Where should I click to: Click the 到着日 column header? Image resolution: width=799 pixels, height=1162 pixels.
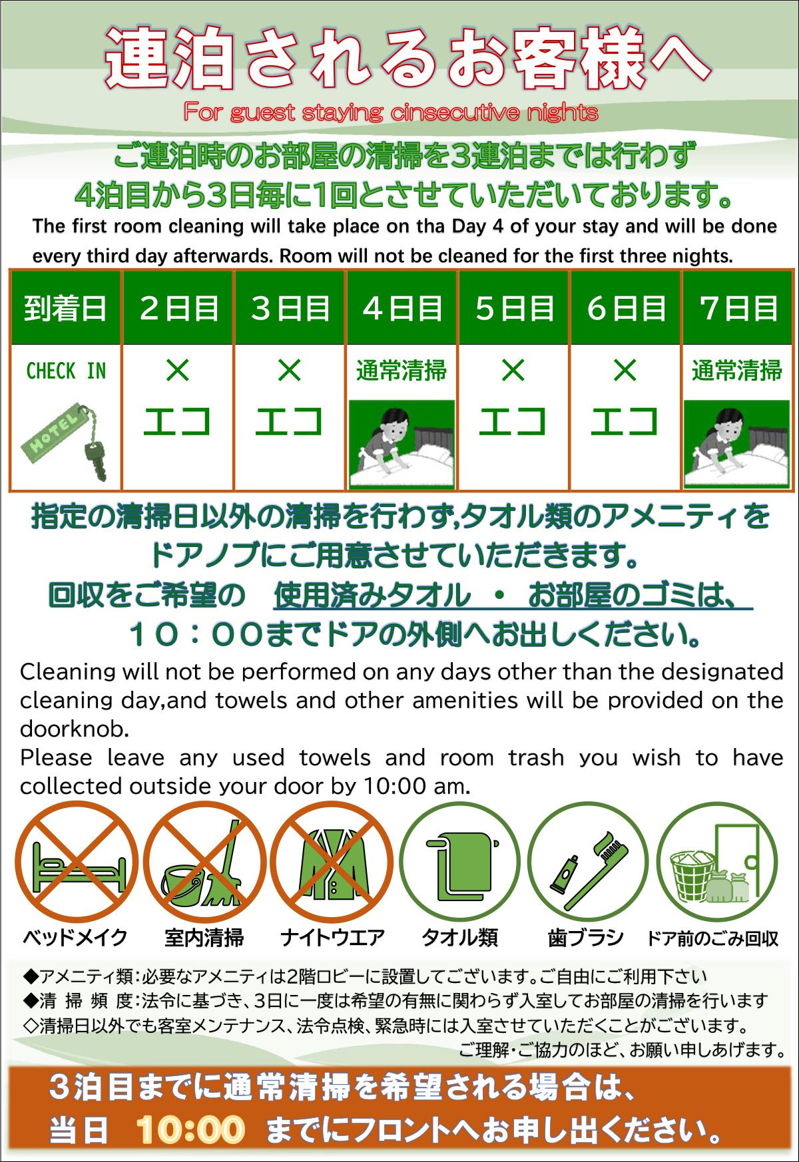coord(65,308)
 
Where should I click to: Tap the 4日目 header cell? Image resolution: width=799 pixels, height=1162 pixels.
coord(402,308)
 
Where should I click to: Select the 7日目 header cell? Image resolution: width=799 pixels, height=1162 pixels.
coord(738,308)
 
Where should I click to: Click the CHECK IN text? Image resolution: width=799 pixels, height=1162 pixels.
coord(66,371)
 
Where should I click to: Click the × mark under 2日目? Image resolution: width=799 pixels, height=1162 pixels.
coord(178,370)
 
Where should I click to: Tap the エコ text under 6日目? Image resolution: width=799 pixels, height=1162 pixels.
coord(625,422)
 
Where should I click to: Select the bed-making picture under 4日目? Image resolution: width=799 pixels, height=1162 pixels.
coord(401,443)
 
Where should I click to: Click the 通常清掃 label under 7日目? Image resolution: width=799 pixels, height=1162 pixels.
coord(736,371)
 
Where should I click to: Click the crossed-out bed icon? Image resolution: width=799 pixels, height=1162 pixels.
coord(77,863)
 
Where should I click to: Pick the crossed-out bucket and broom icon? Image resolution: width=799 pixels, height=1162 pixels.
coord(204,863)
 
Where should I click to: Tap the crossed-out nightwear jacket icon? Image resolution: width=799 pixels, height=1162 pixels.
coord(332,863)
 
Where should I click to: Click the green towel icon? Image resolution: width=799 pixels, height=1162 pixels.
coord(459,863)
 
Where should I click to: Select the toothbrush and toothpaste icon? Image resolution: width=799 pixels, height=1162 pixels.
coord(587,863)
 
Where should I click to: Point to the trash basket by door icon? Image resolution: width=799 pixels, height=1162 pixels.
coord(716,863)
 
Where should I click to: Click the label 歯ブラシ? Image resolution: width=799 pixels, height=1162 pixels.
coord(585,938)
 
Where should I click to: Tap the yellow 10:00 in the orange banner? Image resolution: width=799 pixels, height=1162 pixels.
coord(190,1129)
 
